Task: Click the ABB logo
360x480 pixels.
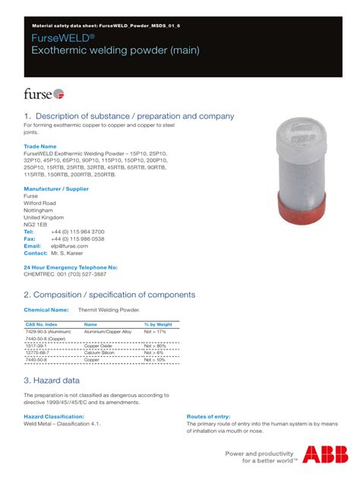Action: (320, 455)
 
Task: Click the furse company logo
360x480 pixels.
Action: (43, 93)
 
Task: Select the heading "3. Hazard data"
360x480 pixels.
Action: (52, 380)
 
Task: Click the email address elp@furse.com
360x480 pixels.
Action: (70, 246)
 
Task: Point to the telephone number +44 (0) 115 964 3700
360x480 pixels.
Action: (77, 232)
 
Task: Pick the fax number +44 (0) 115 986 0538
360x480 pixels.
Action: (77, 239)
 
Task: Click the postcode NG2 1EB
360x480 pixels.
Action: (35, 225)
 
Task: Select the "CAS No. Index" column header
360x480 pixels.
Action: (41, 324)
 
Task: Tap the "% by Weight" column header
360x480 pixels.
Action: (158, 324)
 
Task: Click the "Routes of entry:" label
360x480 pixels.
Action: (209, 417)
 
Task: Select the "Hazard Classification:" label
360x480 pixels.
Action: (54, 417)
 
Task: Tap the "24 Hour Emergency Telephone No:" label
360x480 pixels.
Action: (71, 267)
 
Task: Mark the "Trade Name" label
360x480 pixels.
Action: (40, 146)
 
